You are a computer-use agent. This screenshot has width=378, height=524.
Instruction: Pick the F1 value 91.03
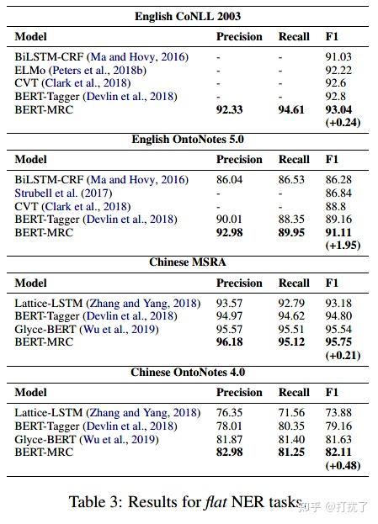click(x=338, y=56)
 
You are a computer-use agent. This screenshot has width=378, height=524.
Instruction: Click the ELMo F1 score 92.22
click(x=338, y=70)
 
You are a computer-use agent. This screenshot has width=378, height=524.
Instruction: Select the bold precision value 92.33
click(x=230, y=109)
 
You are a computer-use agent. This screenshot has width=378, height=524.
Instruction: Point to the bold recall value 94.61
click(x=292, y=109)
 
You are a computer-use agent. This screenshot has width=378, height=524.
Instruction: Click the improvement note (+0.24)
click(x=343, y=122)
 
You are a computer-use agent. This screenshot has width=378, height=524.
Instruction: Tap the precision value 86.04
click(x=229, y=179)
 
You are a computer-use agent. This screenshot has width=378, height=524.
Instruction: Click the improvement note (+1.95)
click(x=343, y=245)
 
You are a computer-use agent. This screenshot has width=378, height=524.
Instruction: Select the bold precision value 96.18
click(x=230, y=342)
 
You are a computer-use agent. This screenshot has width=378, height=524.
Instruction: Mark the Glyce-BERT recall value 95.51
click(x=291, y=329)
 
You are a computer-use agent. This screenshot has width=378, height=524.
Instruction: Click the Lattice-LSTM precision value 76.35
click(x=229, y=413)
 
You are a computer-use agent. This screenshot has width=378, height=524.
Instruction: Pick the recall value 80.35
click(x=291, y=426)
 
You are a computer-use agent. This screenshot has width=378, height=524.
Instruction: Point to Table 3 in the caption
click(x=94, y=503)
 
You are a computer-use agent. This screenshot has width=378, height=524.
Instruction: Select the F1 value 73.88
click(x=338, y=413)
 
